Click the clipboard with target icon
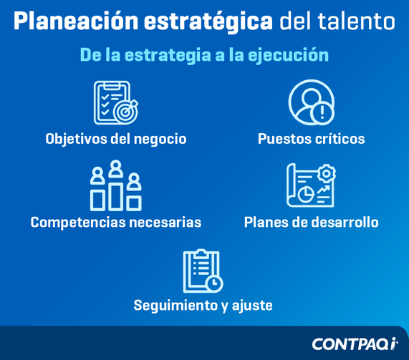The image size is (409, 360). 115,103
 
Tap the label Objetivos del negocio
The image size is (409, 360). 115,139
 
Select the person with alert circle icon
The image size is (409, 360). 311,102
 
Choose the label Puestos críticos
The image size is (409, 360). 311,139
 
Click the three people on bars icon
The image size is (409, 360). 115,186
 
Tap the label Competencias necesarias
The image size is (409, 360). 115,223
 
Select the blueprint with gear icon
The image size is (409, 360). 311,185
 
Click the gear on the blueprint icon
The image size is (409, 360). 327,173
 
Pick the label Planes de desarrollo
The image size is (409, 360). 311,223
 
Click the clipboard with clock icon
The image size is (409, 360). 203,271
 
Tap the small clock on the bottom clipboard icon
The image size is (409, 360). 213,283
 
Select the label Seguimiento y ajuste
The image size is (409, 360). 203,306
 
